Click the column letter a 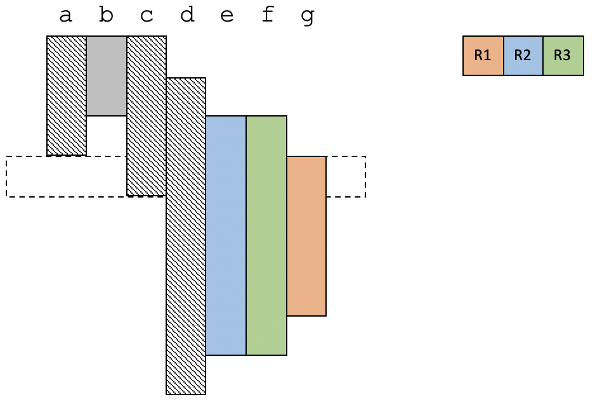[x=65, y=16]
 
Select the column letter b [x=106, y=15]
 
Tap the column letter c [x=147, y=16]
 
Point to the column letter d [x=186, y=15]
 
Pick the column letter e [x=227, y=16]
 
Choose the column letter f [x=268, y=15]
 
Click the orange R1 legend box [x=483, y=56]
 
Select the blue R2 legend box [x=523, y=56]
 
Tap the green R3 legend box [x=563, y=56]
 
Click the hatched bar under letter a [x=67, y=96]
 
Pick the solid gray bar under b [x=107, y=76]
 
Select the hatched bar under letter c [x=147, y=116]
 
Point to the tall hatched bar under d [x=186, y=236]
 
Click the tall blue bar [x=226, y=235]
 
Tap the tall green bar [x=266, y=235]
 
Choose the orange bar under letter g [x=306, y=236]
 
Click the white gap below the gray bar [x=107, y=136]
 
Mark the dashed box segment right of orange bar [x=346, y=177]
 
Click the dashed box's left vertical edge [x=6, y=177]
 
